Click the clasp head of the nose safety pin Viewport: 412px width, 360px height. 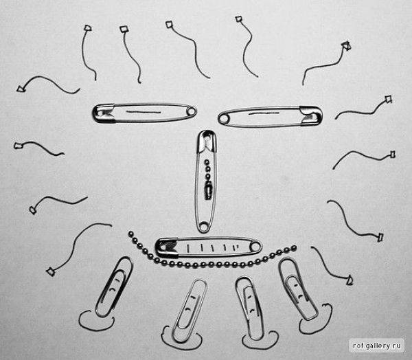click(207, 141)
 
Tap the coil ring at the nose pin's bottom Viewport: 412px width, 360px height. click(204, 226)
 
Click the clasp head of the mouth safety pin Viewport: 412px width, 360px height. click(167, 247)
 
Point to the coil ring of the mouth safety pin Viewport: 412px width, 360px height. click(255, 247)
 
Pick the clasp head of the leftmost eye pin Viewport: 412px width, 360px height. click(104, 113)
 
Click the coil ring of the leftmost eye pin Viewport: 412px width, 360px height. click(192, 111)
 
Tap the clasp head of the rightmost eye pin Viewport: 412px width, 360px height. click(311, 115)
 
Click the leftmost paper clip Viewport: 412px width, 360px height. click(114, 286)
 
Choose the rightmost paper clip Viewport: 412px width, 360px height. click(298, 289)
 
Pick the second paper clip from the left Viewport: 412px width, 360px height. click(190, 311)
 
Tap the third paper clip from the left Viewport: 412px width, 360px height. click(249, 308)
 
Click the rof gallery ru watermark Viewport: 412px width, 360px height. click(376, 346)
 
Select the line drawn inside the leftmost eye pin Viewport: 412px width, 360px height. click(144, 112)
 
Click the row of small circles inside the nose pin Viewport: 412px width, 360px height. click(207, 170)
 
